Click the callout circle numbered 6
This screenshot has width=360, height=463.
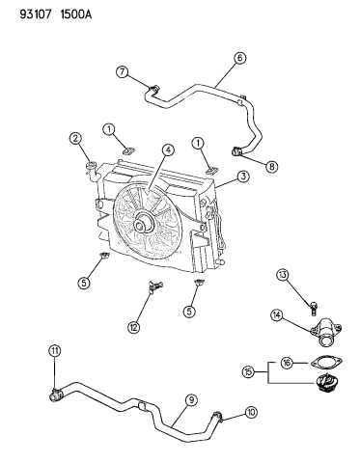[x=240, y=58]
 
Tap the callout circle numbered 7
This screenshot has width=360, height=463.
[x=123, y=72]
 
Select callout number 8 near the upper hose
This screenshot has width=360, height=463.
[x=272, y=166]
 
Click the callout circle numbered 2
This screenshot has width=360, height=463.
[x=75, y=139]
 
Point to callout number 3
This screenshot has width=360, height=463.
[x=243, y=176]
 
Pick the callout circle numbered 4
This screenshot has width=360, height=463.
[x=168, y=150]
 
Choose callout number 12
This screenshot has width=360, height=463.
[x=134, y=327]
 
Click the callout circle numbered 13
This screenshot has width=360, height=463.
[x=283, y=275]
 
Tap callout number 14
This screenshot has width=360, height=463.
[x=276, y=315]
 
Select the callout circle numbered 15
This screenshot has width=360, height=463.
[x=248, y=372]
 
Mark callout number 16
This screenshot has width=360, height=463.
[x=287, y=363]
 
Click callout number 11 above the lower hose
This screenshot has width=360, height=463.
[x=55, y=350]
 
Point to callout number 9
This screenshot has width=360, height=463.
[x=191, y=399]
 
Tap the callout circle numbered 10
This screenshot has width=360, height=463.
[x=251, y=412]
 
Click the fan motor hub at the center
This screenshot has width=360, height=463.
[x=143, y=225]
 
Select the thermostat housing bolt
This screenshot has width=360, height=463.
[x=314, y=307]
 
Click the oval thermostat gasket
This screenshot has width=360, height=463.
[x=326, y=363]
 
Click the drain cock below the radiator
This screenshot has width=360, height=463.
[x=155, y=286]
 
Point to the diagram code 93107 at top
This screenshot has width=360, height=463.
[x=36, y=14]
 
